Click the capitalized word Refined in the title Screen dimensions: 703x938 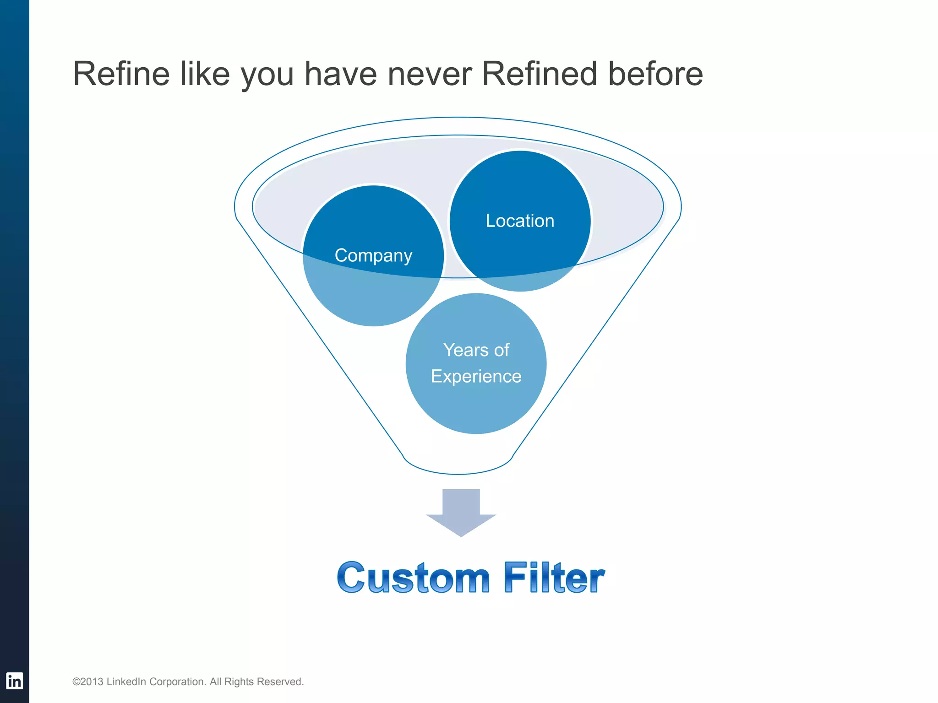click(x=540, y=74)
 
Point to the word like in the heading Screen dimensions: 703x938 click(x=205, y=74)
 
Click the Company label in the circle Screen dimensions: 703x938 click(x=373, y=255)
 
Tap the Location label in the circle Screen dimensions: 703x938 click(x=520, y=221)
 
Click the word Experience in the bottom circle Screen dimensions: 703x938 click(x=476, y=376)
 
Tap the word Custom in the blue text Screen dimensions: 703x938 click(x=413, y=578)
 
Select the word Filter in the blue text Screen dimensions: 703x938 click(x=554, y=578)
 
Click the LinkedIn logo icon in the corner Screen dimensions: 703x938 click(x=14, y=681)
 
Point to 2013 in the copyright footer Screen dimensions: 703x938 click(x=92, y=682)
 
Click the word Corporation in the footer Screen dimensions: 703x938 click(x=178, y=682)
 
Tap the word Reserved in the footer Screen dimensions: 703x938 click(x=280, y=682)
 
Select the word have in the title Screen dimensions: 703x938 click(x=340, y=74)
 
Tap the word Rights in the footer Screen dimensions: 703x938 click(x=239, y=682)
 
